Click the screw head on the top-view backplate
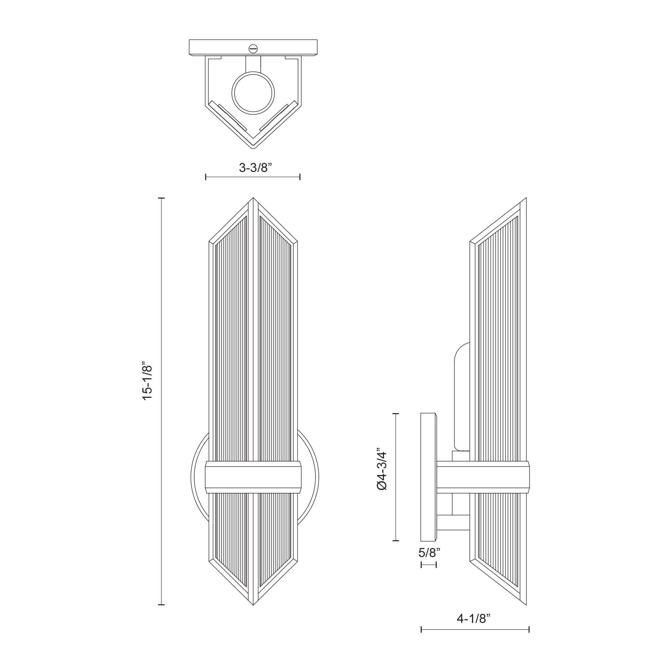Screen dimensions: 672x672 tap(253, 49)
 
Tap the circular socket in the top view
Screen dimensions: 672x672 tap(253, 92)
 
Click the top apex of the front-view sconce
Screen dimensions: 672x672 tap(253, 199)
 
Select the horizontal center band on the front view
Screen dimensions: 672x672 tap(253, 477)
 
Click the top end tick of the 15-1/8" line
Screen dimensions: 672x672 tap(161, 198)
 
